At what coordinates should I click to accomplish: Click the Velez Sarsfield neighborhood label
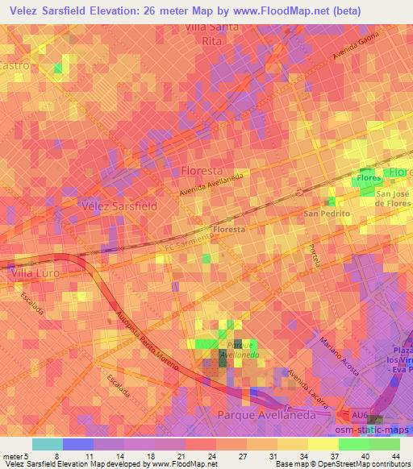point(120,205)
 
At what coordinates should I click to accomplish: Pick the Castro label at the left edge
point(16,65)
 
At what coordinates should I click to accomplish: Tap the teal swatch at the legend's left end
point(48,444)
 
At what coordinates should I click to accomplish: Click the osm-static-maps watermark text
point(380,434)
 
